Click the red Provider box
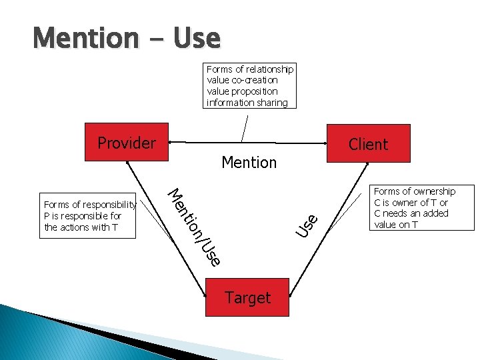127,143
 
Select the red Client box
368,143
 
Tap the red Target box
247,297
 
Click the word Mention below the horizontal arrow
249,162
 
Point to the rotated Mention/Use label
193,227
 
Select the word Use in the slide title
196,38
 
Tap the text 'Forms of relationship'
249,69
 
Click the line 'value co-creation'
242,80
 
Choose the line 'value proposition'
242,91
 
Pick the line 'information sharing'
247,103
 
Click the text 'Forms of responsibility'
89,205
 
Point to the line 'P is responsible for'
83,216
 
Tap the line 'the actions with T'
80,227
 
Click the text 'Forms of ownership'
415,191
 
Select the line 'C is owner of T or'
411,203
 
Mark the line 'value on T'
396,225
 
